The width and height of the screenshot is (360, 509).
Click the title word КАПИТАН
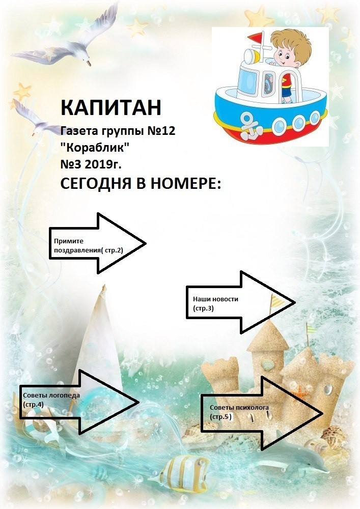[110, 107]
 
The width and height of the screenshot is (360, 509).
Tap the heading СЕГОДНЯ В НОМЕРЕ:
[141, 183]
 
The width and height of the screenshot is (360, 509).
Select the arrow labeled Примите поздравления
[97, 243]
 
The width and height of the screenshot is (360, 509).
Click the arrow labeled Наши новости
[240, 302]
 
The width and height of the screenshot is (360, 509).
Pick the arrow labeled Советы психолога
[262, 413]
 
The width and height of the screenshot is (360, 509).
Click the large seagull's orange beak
[88, 63]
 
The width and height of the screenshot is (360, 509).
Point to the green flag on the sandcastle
[311, 329]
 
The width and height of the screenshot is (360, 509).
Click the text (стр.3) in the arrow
[203, 308]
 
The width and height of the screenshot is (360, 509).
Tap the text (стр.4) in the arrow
[33, 405]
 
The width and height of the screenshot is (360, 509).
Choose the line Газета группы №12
[118, 131]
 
